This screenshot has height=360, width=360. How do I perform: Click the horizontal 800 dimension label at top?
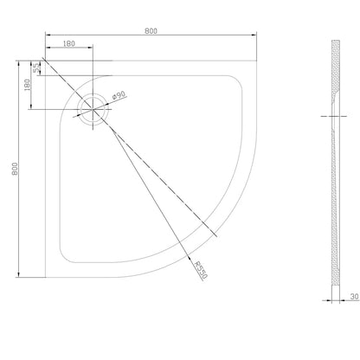click(x=151, y=31)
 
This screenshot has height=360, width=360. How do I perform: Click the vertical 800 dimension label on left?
click(x=15, y=169)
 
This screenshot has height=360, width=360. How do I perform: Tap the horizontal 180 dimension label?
click(x=68, y=43)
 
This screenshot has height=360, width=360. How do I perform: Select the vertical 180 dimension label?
click(x=27, y=85)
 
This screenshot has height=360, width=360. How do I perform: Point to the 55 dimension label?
click(x=36, y=68)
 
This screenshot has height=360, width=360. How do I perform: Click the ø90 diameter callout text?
click(x=119, y=95)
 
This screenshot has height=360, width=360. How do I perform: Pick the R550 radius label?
click(x=201, y=270)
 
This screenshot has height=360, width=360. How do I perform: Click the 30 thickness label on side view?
click(x=355, y=297)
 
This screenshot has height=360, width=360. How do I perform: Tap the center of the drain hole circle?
click(x=93, y=109)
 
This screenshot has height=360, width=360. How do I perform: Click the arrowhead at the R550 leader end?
click(x=190, y=259)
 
